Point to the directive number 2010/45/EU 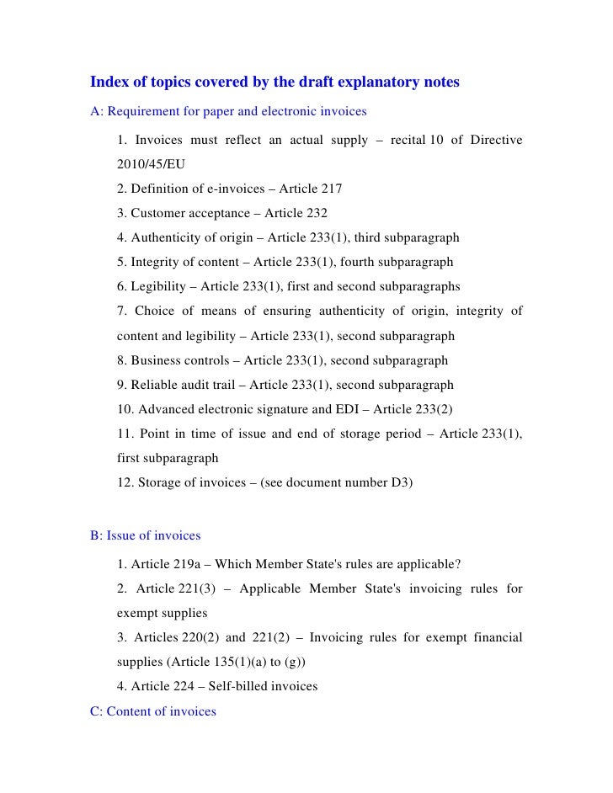coord(151,163)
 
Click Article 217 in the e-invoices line coord(311,188)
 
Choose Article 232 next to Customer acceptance coord(296,213)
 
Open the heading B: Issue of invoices coord(145,535)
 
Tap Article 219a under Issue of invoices coord(165,563)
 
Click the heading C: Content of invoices coord(152,711)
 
